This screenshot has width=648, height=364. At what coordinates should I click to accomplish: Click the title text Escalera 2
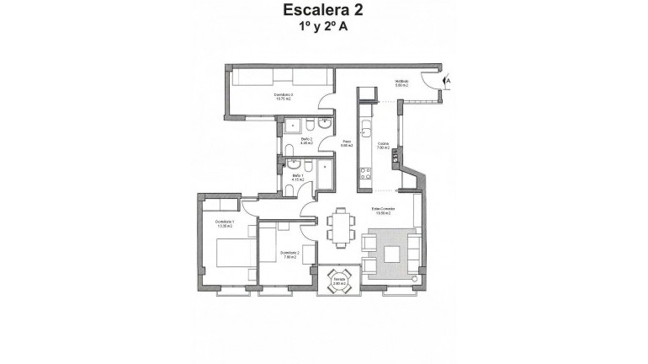pos(323,11)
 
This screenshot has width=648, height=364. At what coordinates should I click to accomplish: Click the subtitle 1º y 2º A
pos(323,28)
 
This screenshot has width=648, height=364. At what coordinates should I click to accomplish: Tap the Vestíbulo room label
pos(401,83)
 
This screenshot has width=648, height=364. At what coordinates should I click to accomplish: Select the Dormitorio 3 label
pos(284,97)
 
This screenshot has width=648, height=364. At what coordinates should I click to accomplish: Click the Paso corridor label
pos(346,144)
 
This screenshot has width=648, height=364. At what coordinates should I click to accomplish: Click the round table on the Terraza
pos(339,283)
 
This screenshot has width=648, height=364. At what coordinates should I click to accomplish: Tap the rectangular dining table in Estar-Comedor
pos(340,227)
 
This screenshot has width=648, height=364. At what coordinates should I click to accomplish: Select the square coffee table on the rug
pos(392,254)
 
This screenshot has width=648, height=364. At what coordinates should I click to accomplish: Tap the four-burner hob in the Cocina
pos(365,175)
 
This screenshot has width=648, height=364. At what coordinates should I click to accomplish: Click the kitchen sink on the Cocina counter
pos(365,131)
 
